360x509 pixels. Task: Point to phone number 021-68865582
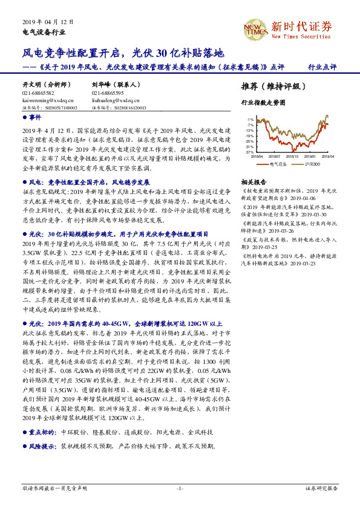tap(38, 94)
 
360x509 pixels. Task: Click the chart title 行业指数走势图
tap(263, 103)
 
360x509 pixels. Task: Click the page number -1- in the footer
tap(180, 488)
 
